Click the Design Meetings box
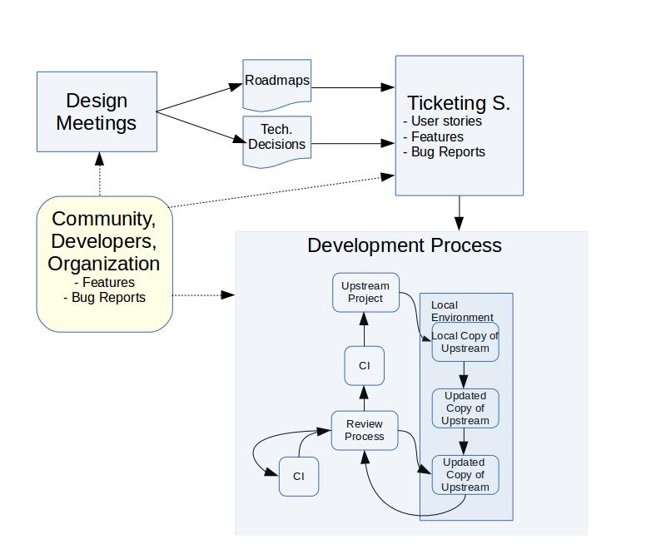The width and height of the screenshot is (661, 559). pyautogui.click(x=97, y=111)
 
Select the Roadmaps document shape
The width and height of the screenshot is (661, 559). pyautogui.click(x=277, y=83)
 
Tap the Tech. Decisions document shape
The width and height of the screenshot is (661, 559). pyautogui.click(x=277, y=140)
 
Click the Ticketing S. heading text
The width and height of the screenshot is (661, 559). pyautogui.click(x=458, y=103)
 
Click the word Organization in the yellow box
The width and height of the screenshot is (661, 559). pyautogui.click(x=104, y=264)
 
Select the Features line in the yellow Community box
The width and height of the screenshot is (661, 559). pyautogui.click(x=104, y=283)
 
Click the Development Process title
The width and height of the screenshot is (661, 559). pyautogui.click(x=405, y=245)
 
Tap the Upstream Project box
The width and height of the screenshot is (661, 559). pyautogui.click(x=365, y=292)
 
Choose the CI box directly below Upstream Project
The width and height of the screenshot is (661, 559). pyautogui.click(x=365, y=366)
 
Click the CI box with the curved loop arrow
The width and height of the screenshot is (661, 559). pyautogui.click(x=299, y=477)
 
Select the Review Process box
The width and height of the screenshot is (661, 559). pyautogui.click(x=365, y=430)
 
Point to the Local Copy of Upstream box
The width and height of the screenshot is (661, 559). pyautogui.click(x=465, y=342)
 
